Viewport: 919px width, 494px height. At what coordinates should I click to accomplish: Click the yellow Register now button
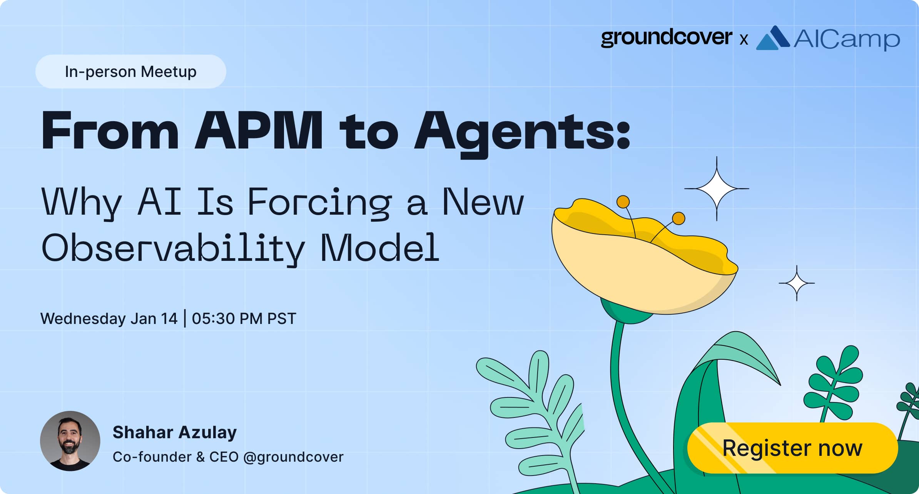pyautogui.click(x=792, y=448)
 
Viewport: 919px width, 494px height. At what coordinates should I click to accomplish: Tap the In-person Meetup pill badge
pyautogui.click(x=130, y=72)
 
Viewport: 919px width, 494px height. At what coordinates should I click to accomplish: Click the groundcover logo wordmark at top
pyautogui.click(x=666, y=38)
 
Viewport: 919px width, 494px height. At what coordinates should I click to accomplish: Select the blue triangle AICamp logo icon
pyautogui.click(x=772, y=38)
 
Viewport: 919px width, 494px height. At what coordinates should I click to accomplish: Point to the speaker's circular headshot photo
pyautogui.click(x=70, y=441)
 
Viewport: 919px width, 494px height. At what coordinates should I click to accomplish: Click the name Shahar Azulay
pyautogui.click(x=174, y=432)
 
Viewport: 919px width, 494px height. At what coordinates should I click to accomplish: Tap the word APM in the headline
pyautogui.click(x=259, y=131)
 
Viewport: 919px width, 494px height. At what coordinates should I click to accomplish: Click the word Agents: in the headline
pyautogui.click(x=522, y=132)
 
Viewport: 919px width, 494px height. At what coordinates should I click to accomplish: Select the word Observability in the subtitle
pyautogui.click(x=173, y=248)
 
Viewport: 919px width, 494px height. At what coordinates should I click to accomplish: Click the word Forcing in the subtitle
pyautogui.click(x=319, y=202)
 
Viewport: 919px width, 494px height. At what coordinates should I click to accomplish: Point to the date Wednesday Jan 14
pyautogui.click(x=109, y=319)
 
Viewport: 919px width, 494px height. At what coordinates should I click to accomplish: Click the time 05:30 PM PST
pyautogui.click(x=244, y=319)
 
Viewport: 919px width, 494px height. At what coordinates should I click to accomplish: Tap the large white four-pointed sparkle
pyautogui.click(x=716, y=189)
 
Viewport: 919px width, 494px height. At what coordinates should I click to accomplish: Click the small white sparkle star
pyautogui.click(x=796, y=283)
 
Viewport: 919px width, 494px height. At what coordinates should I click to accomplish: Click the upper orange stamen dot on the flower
pyautogui.click(x=623, y=202)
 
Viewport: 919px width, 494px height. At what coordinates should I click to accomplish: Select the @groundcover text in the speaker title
pyautogui.click(x=293, y=457)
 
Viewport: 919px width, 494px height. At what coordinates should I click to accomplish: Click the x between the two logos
pyautogui.click(x=744, y=40)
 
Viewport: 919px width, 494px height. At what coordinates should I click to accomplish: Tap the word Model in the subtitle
pyautogui.click(x=379, y=248)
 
